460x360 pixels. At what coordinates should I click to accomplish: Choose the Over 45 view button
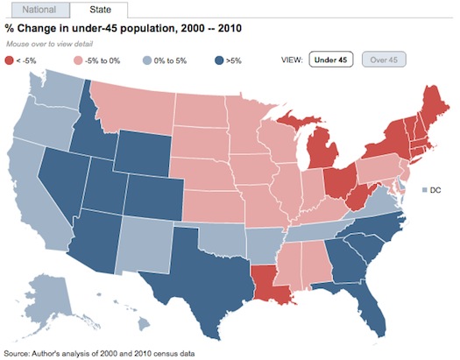point(386,60)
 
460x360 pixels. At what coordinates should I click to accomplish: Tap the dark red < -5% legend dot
point(8,60)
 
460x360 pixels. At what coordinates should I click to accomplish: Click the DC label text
point(435,190)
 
